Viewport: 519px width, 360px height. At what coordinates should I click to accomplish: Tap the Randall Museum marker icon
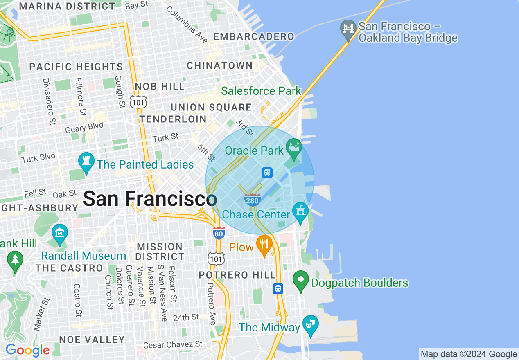[60, 234]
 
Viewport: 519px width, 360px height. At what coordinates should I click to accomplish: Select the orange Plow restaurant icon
[264, 244]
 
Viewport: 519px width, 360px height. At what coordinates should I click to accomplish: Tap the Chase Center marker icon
[300, 211]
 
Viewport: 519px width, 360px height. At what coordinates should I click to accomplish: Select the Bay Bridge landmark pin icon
[348, 29]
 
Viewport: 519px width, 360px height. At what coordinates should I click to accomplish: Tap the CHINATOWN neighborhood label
[220, 65]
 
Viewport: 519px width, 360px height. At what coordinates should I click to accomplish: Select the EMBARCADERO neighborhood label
[254, 37]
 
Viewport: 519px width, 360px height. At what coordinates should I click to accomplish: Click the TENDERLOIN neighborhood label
[173, 119]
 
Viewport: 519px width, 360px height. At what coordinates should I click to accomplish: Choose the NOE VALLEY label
[92, 340]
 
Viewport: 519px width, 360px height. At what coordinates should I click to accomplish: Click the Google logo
[27, 351]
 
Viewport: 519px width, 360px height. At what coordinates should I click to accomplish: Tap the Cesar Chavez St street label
[173, 345]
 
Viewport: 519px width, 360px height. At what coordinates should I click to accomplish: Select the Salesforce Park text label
[261, 91]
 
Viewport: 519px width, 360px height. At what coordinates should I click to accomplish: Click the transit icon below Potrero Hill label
[278, 288]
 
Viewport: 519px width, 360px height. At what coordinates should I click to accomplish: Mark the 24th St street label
[185, 317]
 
